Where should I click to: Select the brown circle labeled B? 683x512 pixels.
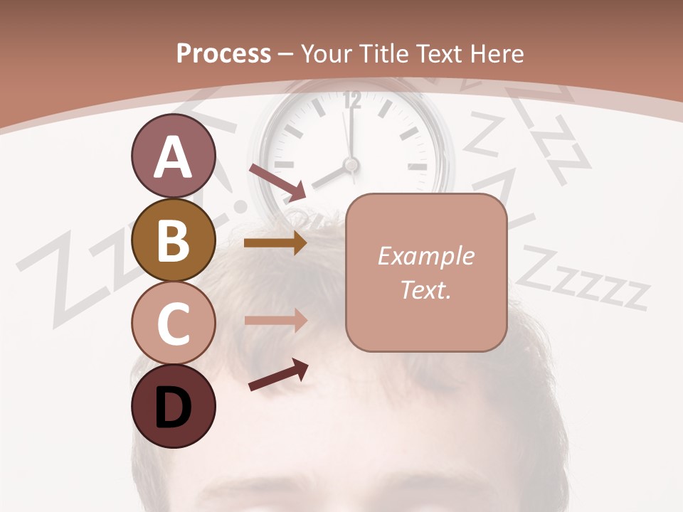(x=173, y=240)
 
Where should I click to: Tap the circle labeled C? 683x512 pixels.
(x=173, y=324)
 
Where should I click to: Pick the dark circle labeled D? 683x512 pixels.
(x=173, y=407)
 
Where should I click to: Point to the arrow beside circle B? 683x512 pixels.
(x=275, y=243)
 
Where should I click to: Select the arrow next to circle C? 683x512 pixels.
(x=275, y=321)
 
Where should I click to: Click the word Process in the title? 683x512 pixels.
(x=223, y=53)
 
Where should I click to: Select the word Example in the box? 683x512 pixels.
(x=426, y=256)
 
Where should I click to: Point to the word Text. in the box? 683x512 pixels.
(x=426, y=289)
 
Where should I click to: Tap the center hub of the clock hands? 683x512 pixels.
(x=350, y=164)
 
